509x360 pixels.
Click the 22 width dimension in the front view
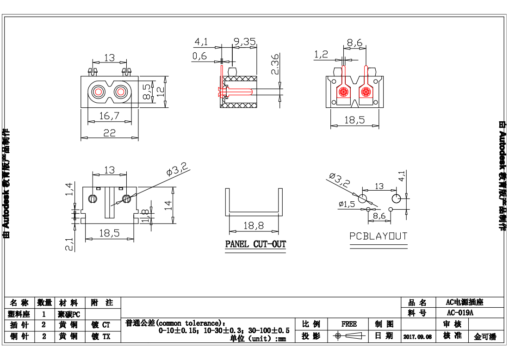tap(109, 133)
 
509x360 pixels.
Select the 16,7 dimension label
tap(109, 116)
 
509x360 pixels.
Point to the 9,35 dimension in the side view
tap(245, 42)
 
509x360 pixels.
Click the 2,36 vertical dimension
tap(274, 64)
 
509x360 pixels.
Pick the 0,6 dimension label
tap(200, 56)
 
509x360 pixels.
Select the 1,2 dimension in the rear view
tap(321, 54)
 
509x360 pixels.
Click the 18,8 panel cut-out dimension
tap(254, 226)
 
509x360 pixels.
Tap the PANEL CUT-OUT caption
tap(255, 244)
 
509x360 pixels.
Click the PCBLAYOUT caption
tap(379, 236)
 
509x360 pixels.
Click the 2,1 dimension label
tap(69, 243)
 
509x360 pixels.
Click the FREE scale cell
tap(348, 324)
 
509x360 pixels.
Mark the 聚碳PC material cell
tap(69, 314)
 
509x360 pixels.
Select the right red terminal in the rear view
tap(366, 92)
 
